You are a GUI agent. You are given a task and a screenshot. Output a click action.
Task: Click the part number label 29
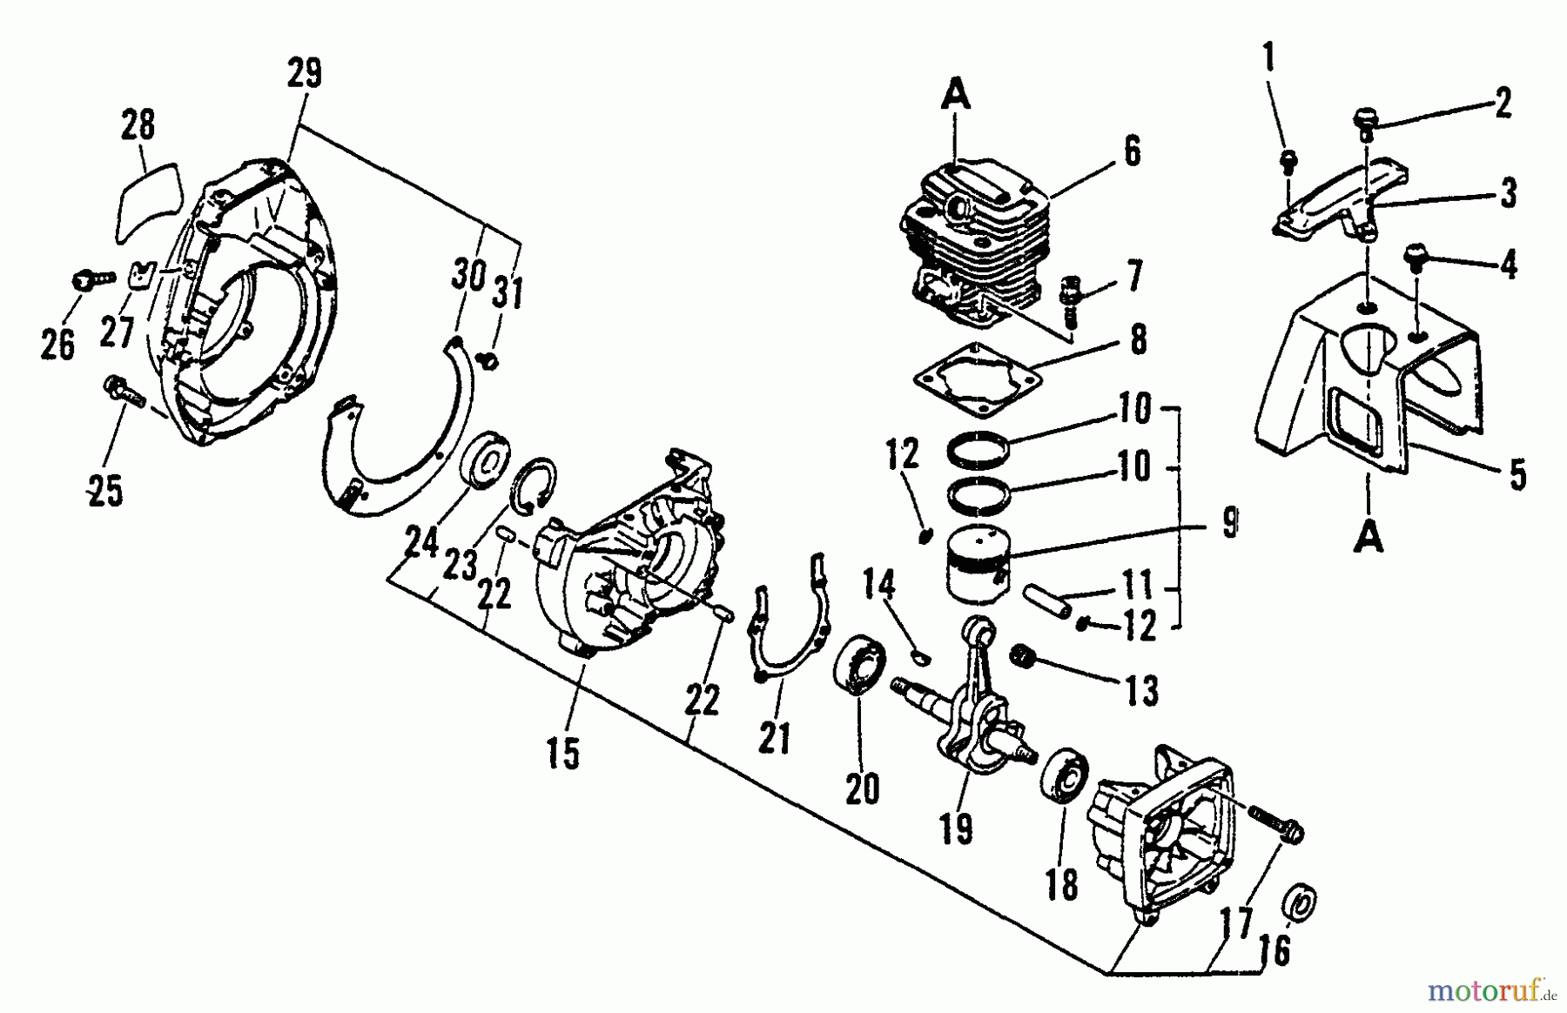pyautogui.click(x=304, y=75)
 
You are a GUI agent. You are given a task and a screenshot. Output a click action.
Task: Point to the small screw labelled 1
pyautogui.click(x=1288, y=161)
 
